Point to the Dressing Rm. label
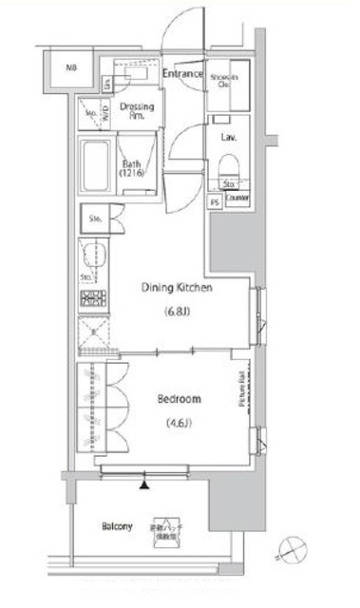pyautogui.click(x=138, y=110)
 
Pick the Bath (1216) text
pyautogui.click(x=133, y=169)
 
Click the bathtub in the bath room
pyautogui.click(x=97, y=168)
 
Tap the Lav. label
pyautogui.click(x=229, y=137)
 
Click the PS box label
pyautogui.click(x=214, y=201)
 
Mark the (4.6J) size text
pyautogui.click(x=177, y=423)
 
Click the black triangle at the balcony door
pyautogui.click(x=144, y=485)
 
